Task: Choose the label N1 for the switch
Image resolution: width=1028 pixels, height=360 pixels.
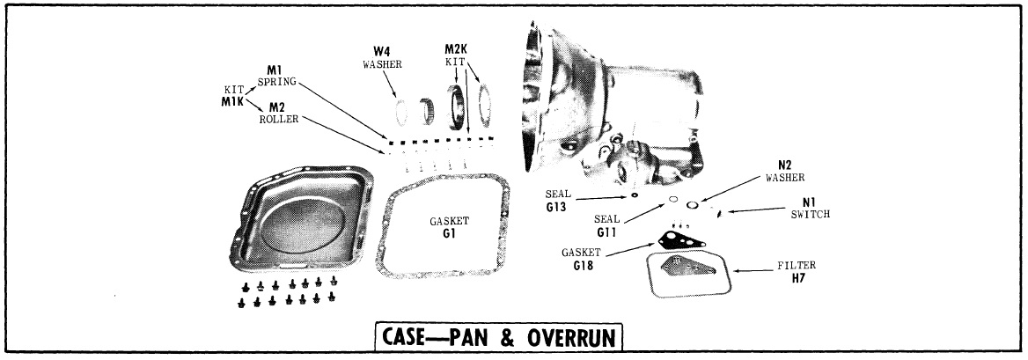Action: tap(798, 201)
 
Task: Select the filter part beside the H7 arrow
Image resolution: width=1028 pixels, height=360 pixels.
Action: tap(687, 275)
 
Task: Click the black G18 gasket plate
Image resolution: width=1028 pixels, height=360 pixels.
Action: tap(679, 238)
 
